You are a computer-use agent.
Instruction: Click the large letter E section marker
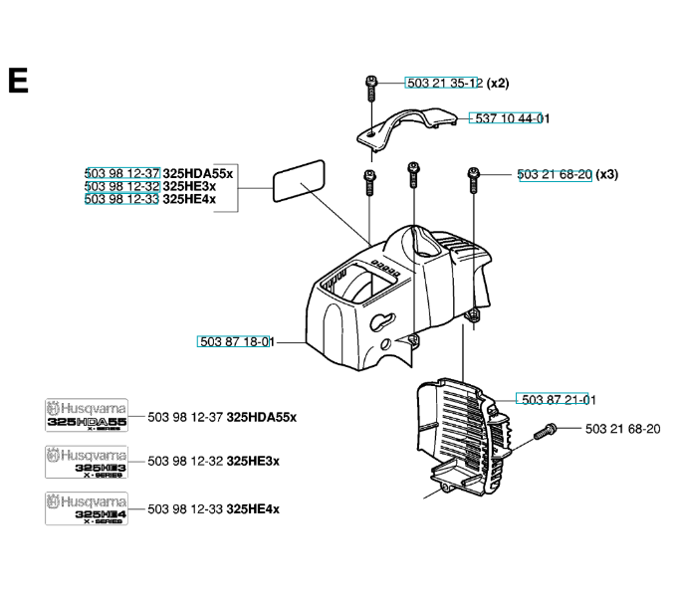(17, 81)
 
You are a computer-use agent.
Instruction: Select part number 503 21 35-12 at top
(444, 83)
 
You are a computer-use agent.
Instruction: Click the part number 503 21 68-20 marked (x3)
(555, 174)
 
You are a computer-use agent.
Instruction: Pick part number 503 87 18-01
(236, 341)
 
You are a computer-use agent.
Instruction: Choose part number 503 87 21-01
(555, 399)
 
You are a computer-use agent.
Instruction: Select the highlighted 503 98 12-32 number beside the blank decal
(122, 186)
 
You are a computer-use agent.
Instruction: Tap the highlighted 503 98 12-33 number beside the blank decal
(122, 199)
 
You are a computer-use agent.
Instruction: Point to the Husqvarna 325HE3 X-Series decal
(87, 461)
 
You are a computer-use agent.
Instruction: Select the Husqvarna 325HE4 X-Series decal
(87, 508)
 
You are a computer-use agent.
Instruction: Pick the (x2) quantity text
(498, 83)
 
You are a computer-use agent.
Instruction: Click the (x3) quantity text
(607, 174)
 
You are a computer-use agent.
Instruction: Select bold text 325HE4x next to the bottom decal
(253, 508)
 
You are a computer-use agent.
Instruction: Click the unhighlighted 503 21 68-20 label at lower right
(622, 429)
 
